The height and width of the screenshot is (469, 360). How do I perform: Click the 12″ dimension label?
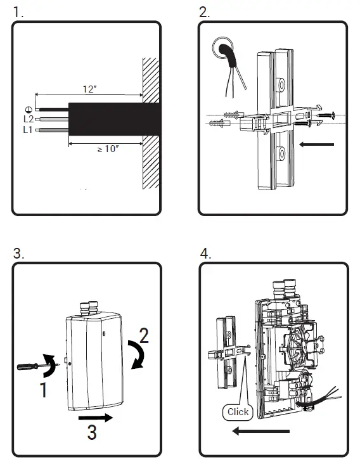(x=90, y=89)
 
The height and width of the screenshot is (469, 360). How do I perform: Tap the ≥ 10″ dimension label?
(x=108, y=149)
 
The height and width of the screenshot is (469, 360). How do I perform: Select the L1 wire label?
(x=28, y=130)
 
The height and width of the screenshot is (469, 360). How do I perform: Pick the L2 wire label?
(x=29, y=119)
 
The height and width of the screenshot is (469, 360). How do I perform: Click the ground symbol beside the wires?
(x=29, y=110)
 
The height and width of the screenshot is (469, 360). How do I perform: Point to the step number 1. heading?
(x=18, y=12)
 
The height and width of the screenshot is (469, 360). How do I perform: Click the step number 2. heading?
(x=205, y=12)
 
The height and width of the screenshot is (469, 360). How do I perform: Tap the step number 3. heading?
(x=18, y=254)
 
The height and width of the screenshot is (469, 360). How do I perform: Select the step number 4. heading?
(x=205, y=254)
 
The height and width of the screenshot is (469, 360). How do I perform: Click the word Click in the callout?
(x=238, y=412)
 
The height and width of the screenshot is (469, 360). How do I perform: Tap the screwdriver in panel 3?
(x=37, y=366)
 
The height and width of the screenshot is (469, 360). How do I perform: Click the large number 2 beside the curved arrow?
(x=144, y=336)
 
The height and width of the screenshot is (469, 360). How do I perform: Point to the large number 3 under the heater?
(x=92, y=432)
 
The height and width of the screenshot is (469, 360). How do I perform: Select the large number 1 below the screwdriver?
(x=44, y=390)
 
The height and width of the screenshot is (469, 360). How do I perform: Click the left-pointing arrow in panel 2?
(x=316, y=145)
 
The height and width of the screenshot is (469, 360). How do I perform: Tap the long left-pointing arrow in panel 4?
(x=260, y=431)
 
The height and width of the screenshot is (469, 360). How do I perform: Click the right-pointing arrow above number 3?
(x=96, y=417)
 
